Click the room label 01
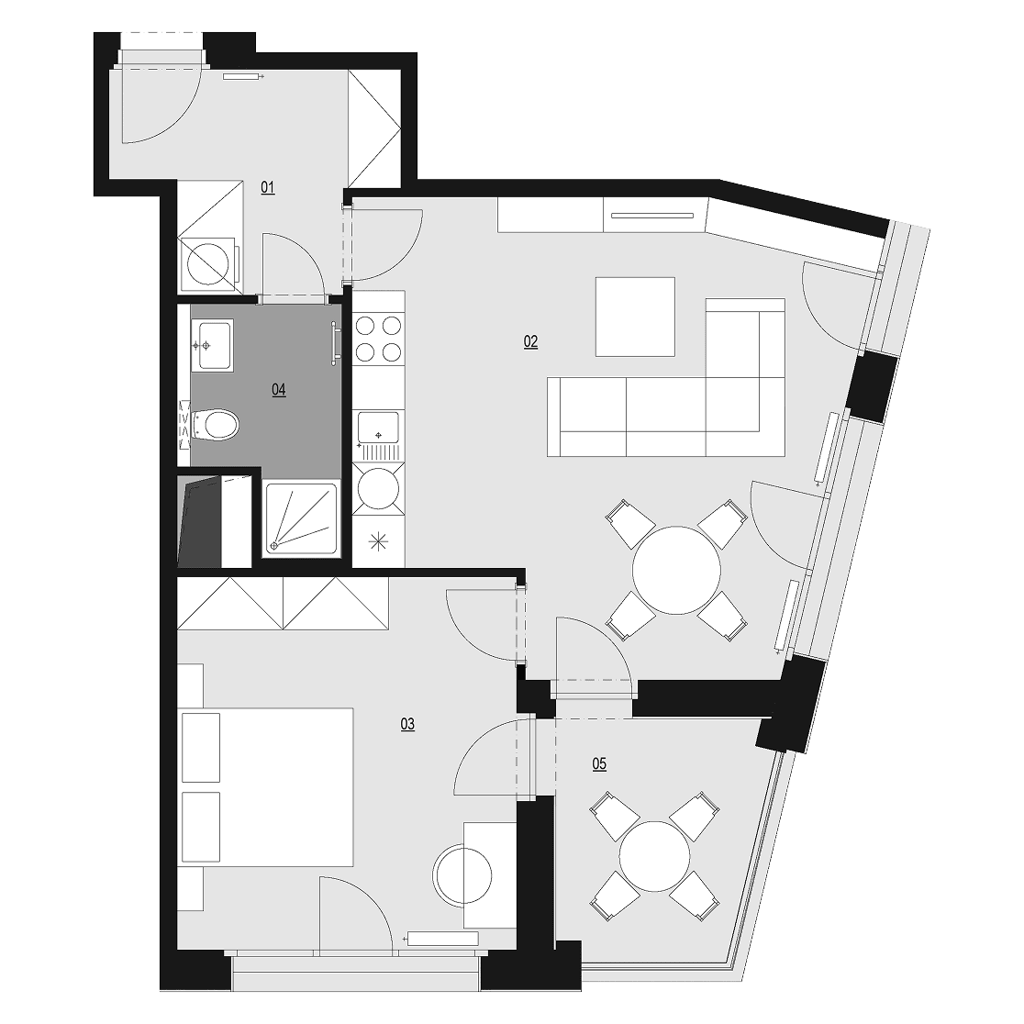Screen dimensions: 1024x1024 point(268,188)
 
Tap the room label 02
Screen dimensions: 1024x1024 point(530,341)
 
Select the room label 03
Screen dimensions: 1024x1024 point(407,724)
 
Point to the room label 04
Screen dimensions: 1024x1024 point(279,390)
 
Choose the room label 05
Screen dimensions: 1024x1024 point(599,763)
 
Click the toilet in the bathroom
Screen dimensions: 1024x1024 point(214,425)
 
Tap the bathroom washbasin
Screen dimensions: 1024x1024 point(212,345)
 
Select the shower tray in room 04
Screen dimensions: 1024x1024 point(301,519)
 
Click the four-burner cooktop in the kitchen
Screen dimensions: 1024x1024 point(378,339)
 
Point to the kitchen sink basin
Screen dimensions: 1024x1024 point(379,428)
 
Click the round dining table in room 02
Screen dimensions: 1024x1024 point(676,570)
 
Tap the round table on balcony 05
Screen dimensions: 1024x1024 point(654,855)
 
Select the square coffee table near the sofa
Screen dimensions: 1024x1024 point(635,317)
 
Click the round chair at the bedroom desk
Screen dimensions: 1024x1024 point(463,874)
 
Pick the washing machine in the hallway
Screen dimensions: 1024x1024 point(210,264)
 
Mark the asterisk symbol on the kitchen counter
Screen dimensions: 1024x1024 point(378,542)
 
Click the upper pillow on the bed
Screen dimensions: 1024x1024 point(201,748)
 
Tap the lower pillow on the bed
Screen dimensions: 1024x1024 point(201,828)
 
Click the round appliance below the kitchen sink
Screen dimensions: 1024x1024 point(378,488)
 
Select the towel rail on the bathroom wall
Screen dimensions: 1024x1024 point(336,343)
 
